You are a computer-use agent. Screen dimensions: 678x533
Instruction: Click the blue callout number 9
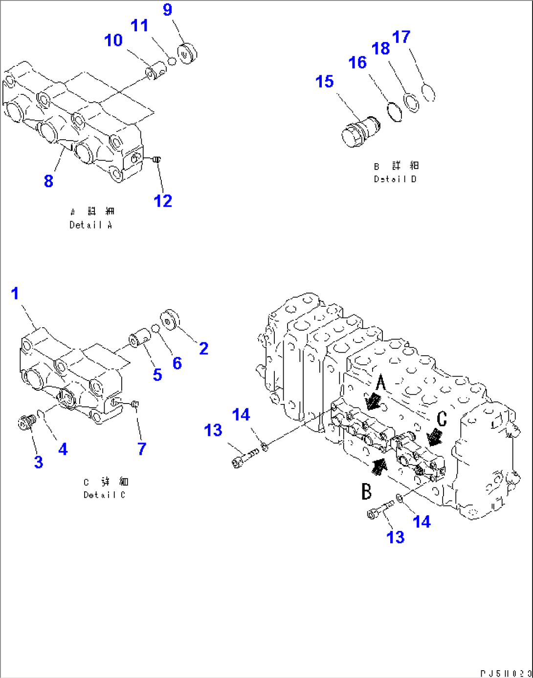[168, 10]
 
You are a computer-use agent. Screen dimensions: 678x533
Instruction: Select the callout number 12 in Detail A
[163, 201]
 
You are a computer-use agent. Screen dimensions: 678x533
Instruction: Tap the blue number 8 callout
[48, 181]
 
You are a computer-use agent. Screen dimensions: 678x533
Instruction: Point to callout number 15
[325, 82]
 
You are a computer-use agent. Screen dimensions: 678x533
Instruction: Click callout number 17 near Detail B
[401, 37]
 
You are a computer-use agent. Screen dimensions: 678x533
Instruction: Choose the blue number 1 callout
[15, 294]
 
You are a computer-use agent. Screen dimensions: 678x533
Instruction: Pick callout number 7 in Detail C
[142, 448]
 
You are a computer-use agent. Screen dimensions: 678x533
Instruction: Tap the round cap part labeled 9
[186, 53]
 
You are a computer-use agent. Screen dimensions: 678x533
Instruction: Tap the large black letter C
[442, 419]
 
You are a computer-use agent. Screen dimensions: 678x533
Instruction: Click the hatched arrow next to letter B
[378, 466]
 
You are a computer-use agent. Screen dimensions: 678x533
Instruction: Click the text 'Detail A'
[91, 225]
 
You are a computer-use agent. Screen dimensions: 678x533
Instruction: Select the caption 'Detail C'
[104, 495]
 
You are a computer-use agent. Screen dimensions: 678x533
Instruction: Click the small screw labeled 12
[156, 159]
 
